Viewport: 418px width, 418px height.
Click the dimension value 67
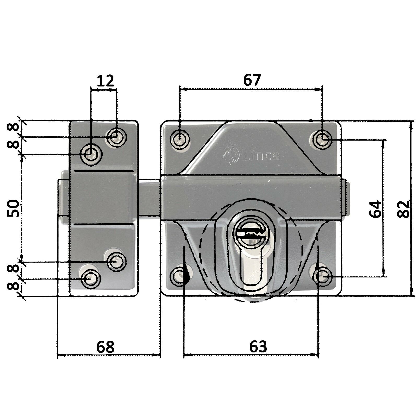click(252, 80)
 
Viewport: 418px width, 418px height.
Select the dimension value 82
click(403, 209)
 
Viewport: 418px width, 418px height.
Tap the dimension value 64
click(375, 209)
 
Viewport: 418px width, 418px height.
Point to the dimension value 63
click(258, 346)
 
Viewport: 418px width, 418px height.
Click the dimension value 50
click(13, 208)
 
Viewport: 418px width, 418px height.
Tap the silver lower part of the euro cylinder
click(252, 273)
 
